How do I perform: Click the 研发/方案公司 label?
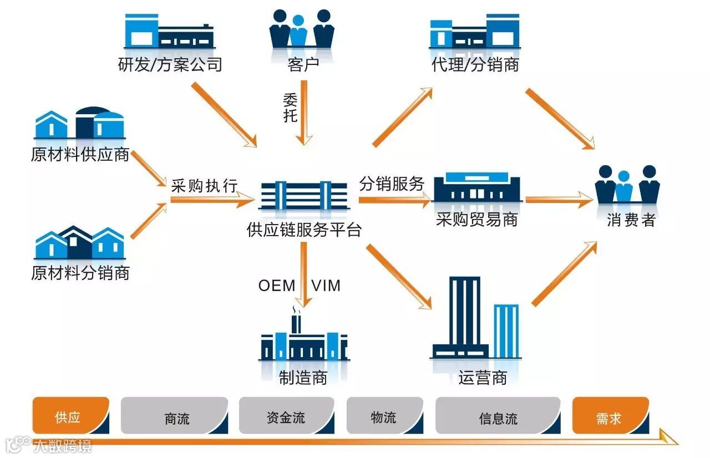point(170,65)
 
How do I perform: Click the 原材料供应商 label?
point(80,154)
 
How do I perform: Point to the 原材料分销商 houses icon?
point(79,243)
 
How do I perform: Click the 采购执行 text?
point(204,186)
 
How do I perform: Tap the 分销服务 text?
point(392,184)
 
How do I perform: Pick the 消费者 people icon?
point(627,185)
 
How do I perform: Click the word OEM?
point(277,286)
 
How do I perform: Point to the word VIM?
point(326,286)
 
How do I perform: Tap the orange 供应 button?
point(70,416)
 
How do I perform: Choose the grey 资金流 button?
point(286,416)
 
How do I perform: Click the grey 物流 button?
point(383,416)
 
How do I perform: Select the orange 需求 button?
point(609,416)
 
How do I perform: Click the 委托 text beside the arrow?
point(290,108)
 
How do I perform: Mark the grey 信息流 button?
point(498,416)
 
